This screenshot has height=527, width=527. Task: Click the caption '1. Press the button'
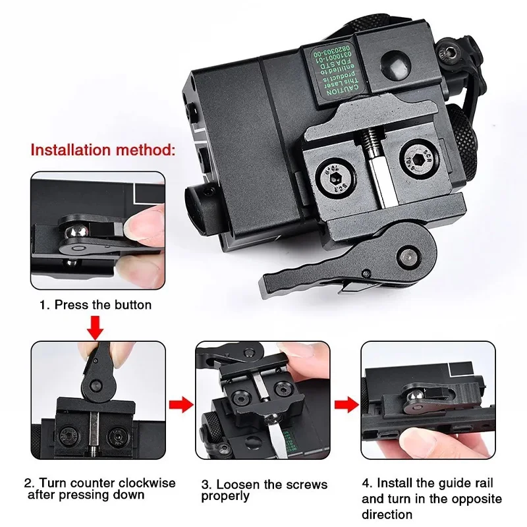(x=95, y=305)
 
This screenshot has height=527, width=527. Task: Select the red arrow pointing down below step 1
(x=95, y=327)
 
